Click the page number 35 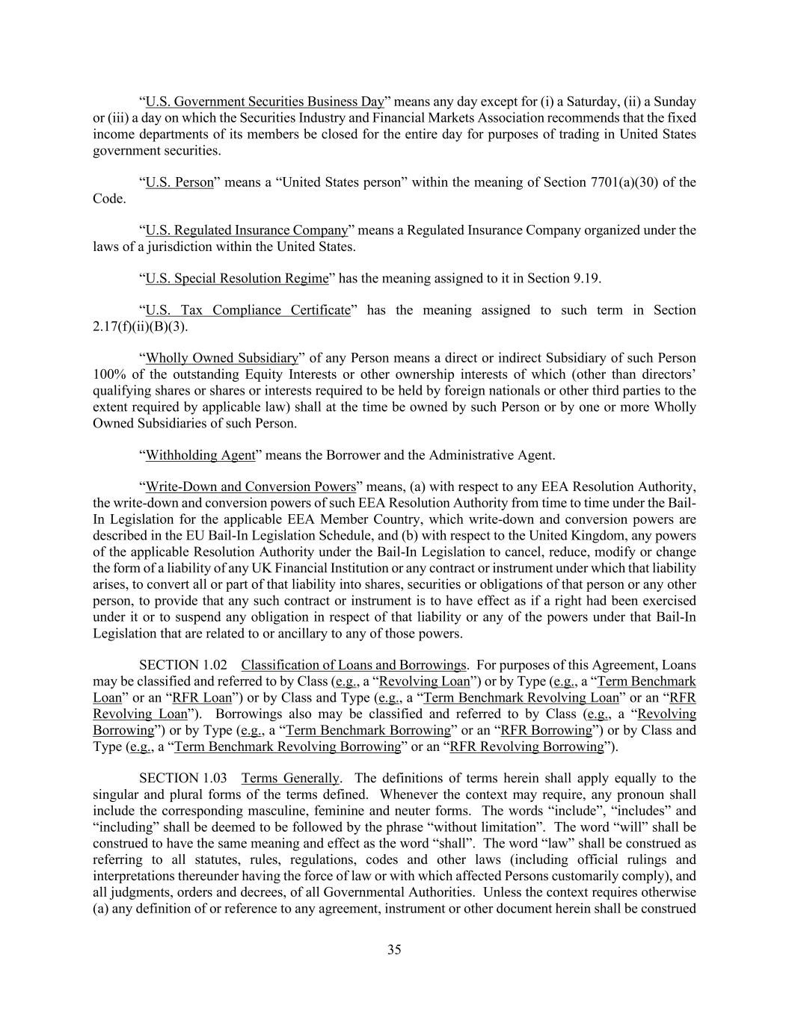tap(394, 950)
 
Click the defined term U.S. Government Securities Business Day tap(264, 102)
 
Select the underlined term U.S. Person tap(179, 182)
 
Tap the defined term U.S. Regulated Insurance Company tap(247, 230)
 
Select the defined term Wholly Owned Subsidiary tap(222, 358)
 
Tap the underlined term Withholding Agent tap(200, 455)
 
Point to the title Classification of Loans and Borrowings tap(354, 665)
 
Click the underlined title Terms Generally tap(290, 778)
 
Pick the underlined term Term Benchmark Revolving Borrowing tap(287, 747)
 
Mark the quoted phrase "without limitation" tap(484, 827)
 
